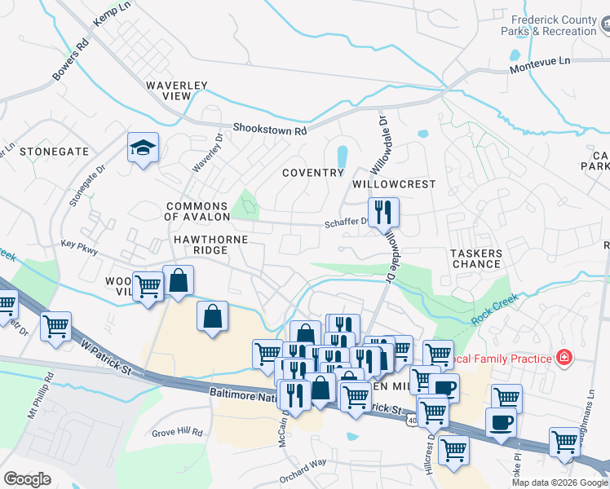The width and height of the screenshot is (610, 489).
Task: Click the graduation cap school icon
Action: pos(144,148)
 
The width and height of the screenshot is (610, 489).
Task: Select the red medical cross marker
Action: pos(563,357)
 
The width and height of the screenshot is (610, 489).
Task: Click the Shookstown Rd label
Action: pos(269,129)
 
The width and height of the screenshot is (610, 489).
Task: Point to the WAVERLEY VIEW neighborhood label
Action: pos(177,90)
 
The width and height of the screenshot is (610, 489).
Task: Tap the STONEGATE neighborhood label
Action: pos(54,152)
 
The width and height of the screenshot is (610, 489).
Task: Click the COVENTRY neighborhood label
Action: pos(313,173)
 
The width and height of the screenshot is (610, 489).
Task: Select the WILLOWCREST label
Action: pos(394,185)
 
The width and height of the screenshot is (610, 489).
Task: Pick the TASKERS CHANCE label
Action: pos(476,258)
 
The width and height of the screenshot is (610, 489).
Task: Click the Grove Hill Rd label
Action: pos(177,432)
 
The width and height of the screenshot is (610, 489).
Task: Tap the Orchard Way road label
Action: pos(303,469)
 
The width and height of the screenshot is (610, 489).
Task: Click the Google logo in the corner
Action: pos(27,478)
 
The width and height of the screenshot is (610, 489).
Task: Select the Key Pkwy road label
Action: pos(79,244)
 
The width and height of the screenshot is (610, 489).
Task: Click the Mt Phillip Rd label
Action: pos(41,396)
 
